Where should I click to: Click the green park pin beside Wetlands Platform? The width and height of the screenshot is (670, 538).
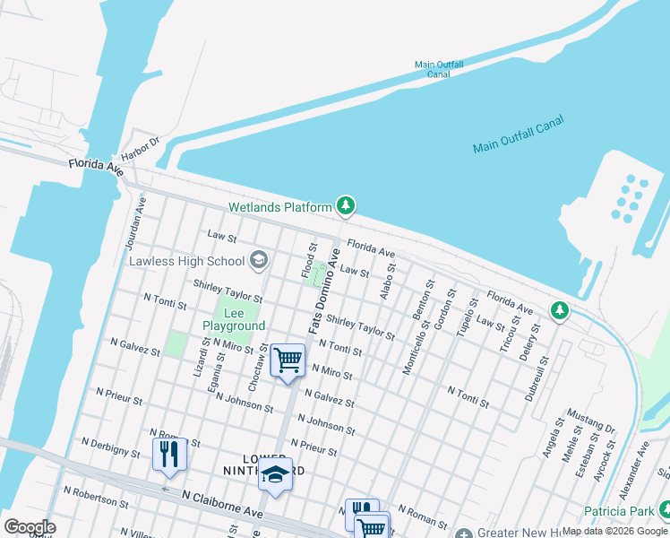pos(346,206)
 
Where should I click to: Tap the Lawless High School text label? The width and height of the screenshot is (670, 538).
pos(186,261)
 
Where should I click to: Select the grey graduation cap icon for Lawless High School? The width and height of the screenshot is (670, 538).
pos(259,260)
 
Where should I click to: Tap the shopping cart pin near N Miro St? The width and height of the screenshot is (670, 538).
pos(288,360)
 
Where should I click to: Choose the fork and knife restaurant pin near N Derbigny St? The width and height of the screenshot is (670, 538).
pos(169,454)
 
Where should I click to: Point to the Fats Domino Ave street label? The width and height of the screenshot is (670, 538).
pos(325,292)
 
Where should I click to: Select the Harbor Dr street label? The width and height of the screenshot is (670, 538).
pos(140,151)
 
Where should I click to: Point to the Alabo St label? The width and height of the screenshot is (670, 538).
pos(387,283)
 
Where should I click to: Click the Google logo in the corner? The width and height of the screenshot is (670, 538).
pos(29,527)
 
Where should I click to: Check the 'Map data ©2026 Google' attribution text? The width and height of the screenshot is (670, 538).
pos(614,531)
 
